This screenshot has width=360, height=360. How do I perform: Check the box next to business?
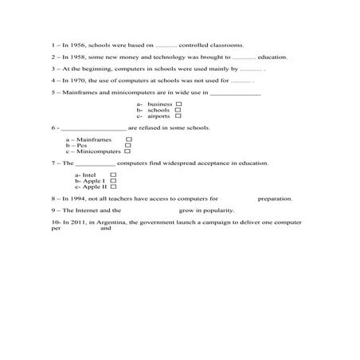pyautogui.click(x=177, y=104)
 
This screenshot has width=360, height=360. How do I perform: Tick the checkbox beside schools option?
pyautogui.click(x=177, y=110)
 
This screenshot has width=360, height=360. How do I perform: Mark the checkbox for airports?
pyautogui.click(x=177, y=116)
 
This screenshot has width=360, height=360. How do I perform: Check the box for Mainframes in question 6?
pyautogui.click(x=128, y=139)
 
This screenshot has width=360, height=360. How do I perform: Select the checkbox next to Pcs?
pyautogui.click(x=128, y=146)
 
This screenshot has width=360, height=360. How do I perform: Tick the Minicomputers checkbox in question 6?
pyautogui.click(x=128, y=151)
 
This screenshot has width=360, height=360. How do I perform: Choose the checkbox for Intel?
pyautogui.click(x=113, y=174)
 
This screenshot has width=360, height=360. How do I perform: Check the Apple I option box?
pyautogui.click(x=113, y=180)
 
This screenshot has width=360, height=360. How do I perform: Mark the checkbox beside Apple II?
pyautogui.click(x=113, y=186)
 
